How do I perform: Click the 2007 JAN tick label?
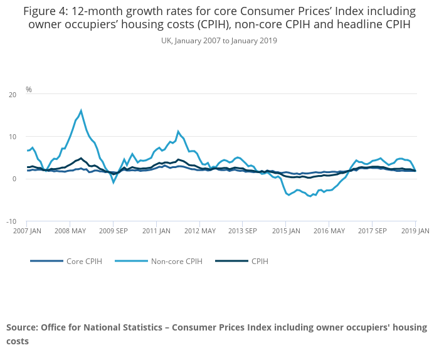[x=27, y=231]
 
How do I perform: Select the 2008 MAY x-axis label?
[x=70, y=231]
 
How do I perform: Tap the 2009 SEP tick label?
[x=113, y=231]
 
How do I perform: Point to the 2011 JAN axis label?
[x=156, y=231]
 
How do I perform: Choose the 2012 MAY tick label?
[x=199, y=231]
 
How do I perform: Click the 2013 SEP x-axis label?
[x=242, y=231]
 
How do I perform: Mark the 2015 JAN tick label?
[x=285, y=231]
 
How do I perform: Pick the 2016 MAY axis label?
[x=329, y=231]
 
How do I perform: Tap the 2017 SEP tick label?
[x=372, y=231]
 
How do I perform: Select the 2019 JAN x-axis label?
[x=415, y=231]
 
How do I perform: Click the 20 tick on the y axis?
[x=13, y=95]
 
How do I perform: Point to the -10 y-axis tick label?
[x=11, y=221]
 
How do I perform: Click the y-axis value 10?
[x=13, y=137]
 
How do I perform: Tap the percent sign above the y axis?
[x=29, y=90]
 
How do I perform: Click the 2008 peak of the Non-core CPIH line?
[x=81, y=111]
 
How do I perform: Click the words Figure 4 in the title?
[x=47, y=11]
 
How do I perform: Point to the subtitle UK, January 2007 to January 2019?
[x=219, y=41]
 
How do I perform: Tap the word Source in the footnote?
[x=22, y=327]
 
